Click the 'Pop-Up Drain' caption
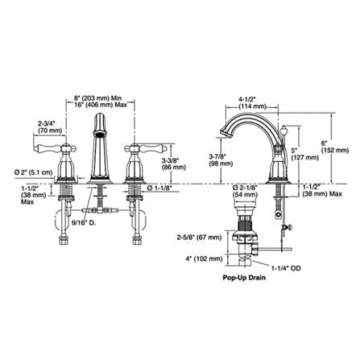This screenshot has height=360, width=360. coord(244,277)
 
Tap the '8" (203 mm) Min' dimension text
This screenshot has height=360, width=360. coord(97,98)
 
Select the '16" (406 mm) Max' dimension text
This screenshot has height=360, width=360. coord(100,105)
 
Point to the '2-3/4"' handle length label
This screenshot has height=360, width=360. coord(46,124)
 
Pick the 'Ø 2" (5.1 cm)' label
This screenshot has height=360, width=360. coord(33,172)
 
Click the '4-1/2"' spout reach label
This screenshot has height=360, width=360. coord(247,99)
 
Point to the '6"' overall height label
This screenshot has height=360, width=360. coord(325,143)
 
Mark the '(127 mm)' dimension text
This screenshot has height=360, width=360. coord(305,157)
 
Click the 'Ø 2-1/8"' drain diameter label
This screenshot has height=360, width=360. coord(245,187)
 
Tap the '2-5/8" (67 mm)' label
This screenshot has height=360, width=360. coord(199,238)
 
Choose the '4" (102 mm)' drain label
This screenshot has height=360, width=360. coord(204,259)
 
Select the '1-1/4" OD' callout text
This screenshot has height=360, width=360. coord(286,267)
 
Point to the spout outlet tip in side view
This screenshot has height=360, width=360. coord(224,132)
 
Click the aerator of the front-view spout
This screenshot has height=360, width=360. coord(99,134)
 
